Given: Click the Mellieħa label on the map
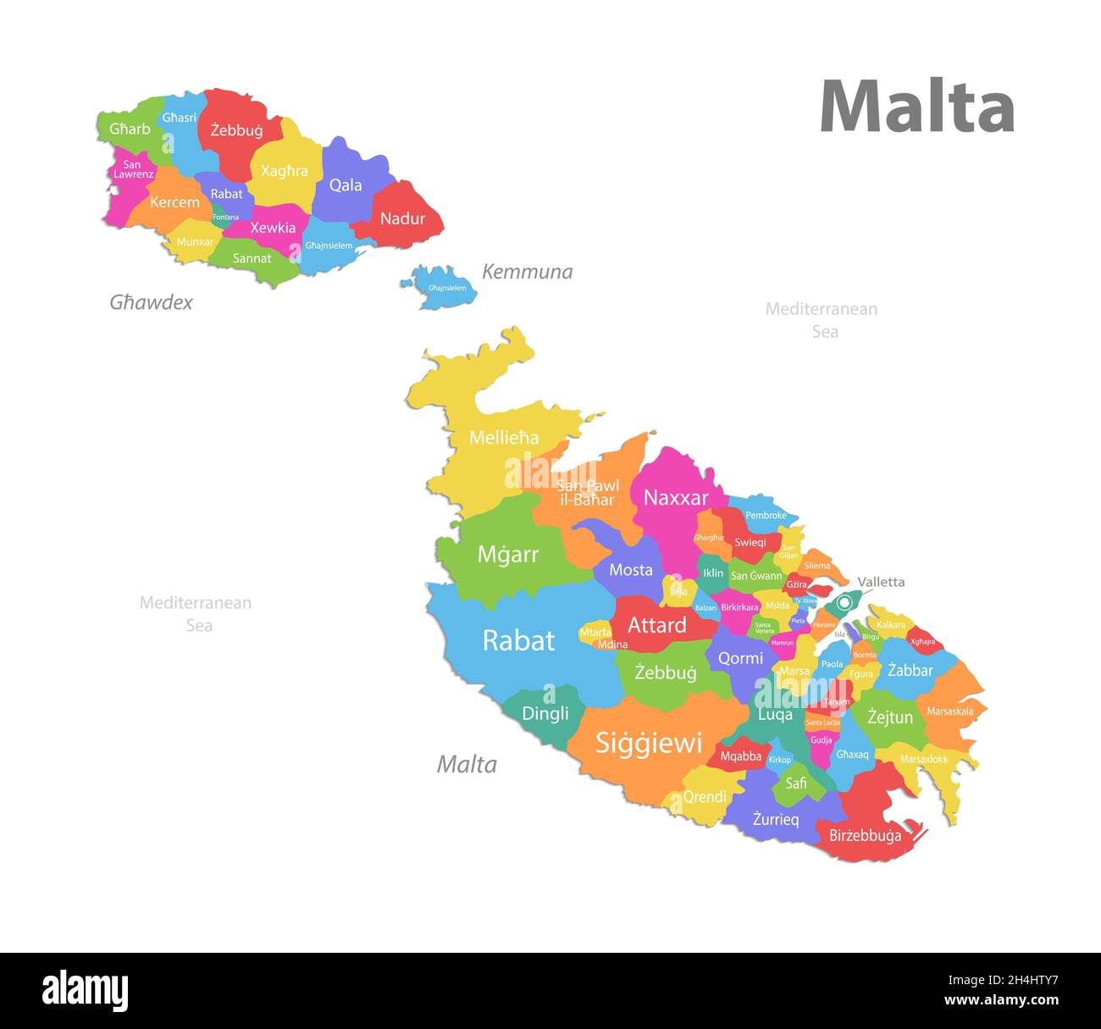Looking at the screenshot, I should [504, 438].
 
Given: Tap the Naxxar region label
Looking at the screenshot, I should [675, 498].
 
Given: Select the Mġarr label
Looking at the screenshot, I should [507, 555].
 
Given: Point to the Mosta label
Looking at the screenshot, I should [631, 570].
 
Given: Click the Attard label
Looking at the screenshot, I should [656, 626].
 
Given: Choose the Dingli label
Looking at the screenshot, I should [545, 713].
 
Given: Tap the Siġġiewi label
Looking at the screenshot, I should [649, 743].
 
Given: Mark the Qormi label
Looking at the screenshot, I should [740, 658].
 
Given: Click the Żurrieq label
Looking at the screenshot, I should [776, 819].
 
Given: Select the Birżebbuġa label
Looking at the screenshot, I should [865, 836].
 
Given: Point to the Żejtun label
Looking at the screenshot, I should [890, 717].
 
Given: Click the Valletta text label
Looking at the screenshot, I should [881, 582].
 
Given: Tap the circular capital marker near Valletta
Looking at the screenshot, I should [844, 602].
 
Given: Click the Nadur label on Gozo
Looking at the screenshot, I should [402, 219].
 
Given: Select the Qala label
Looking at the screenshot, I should [346, 185].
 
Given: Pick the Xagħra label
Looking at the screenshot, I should [285, 171].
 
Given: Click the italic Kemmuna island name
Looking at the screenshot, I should [527, 272].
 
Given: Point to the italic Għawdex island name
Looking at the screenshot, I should [151, 302].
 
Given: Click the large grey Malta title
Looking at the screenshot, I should [917, 107].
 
